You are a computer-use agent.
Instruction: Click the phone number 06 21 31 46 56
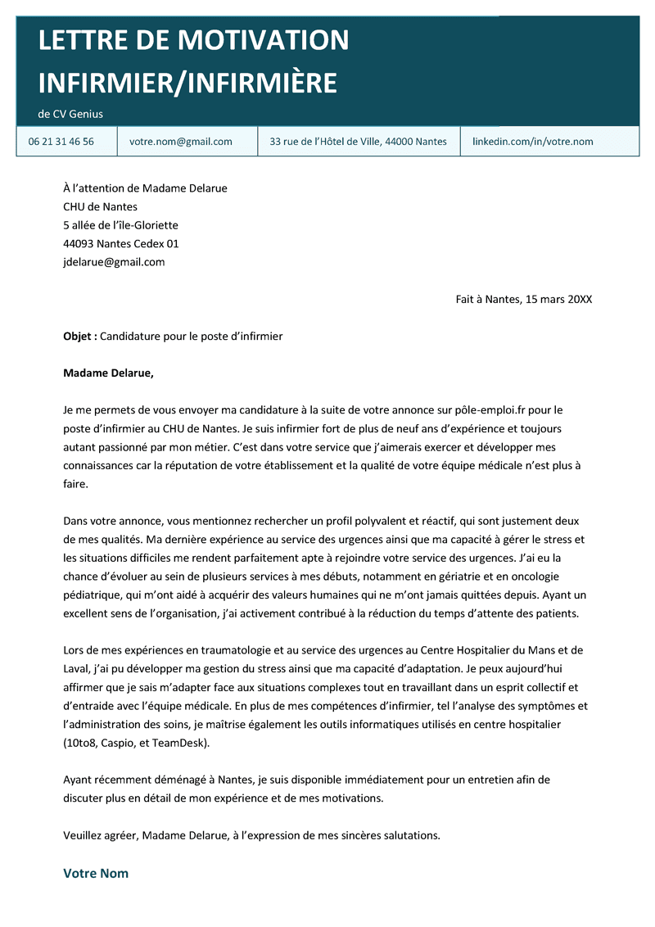pos(61,142)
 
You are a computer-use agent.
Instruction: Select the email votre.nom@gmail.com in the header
pos(181,142)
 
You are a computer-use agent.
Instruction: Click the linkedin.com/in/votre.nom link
pos(532,142)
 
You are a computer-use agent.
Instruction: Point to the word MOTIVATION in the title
pos(263,39)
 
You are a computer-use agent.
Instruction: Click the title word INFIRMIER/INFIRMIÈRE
pos(187,83)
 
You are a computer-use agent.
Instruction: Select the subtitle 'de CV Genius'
pos(70,114)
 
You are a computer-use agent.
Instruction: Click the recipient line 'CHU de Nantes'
pos(100,206)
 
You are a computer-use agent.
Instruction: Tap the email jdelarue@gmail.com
pos(114,262)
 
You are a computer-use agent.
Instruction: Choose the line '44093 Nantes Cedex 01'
pos(120,243)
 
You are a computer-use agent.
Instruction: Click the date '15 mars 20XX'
pos(557,299)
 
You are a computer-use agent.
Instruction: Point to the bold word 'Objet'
pos(79,337)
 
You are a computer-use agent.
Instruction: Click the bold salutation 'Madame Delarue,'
pos(108,373)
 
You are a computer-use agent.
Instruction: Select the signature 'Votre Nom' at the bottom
pos(96,873)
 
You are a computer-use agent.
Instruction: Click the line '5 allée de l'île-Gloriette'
pos(120,225)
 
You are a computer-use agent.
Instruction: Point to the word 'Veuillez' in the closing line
pos(84,835)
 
